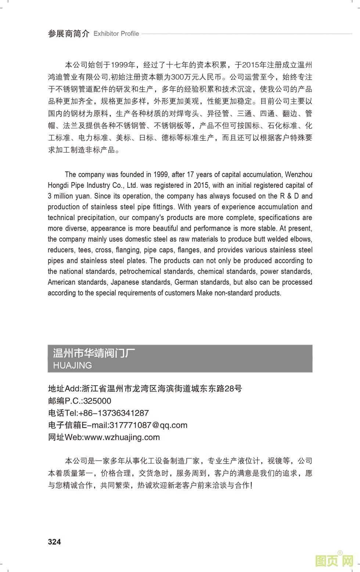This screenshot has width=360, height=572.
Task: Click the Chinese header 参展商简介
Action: tap(69, 34)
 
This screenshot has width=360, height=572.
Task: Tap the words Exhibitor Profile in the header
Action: tap(116, 34)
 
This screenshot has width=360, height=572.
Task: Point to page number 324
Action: tap(54, 542)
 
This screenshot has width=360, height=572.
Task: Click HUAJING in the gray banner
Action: tap(72, 365)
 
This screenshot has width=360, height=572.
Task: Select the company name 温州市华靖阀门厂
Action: tap(94, 353)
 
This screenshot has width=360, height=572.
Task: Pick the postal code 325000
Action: tap(97, 401)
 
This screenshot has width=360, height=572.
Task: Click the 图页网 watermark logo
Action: tap(334, 560)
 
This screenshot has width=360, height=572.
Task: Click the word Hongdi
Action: tap(58, 185)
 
